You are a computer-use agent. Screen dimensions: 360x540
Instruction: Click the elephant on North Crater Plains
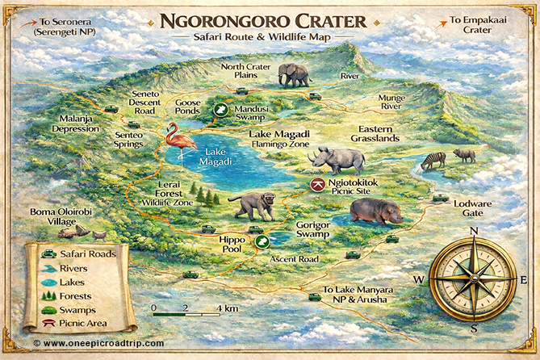point(294,75)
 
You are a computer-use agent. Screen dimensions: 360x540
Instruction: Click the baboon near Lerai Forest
point(256,206)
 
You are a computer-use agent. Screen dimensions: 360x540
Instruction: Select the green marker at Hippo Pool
point(262,241)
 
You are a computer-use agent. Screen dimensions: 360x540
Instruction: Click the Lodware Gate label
point(471,208)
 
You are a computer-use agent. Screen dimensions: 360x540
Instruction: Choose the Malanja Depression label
point(77,123)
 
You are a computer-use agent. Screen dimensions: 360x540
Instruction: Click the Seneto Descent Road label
point(150,102)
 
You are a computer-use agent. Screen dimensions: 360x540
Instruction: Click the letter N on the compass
point(474,232)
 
